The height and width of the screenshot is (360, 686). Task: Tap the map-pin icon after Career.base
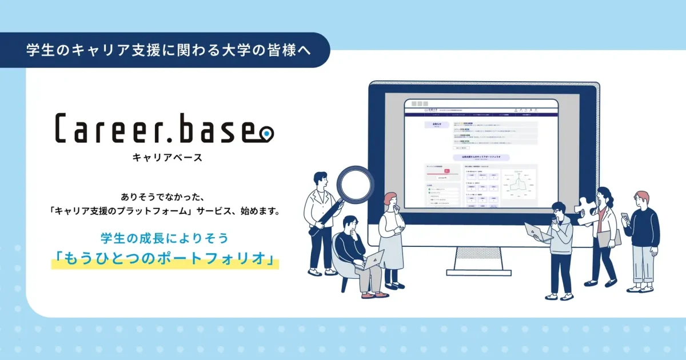[x=266, y=134]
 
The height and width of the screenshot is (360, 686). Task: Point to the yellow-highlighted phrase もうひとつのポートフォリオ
[x=165, y=258]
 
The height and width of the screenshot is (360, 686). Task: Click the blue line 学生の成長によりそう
[x=165, y=237]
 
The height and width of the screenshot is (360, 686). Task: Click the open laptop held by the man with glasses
[x=537, y=231]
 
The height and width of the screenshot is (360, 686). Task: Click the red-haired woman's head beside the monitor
[x=389, y=200]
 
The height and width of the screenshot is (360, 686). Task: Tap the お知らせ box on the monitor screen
[x=437, y=124]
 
